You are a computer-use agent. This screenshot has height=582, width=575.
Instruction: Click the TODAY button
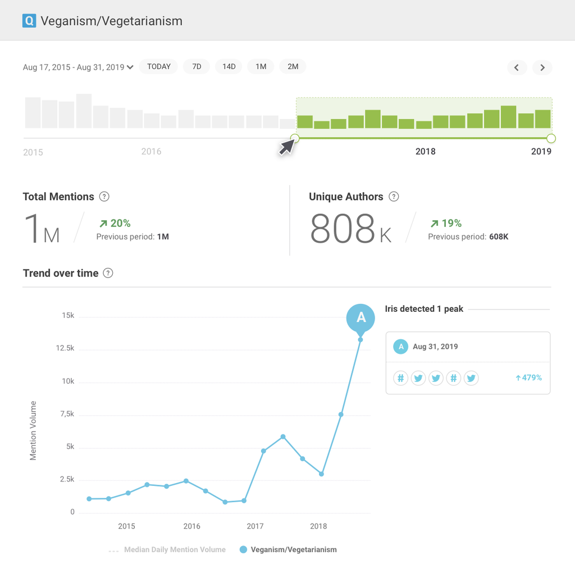coord(159,67)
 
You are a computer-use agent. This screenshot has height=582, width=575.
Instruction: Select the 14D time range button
coord(229,67)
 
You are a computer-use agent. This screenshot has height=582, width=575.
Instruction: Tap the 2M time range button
coord(293,67)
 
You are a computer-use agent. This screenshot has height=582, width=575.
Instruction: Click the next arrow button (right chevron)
coord(542,68)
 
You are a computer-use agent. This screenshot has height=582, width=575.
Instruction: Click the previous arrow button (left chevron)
coord(517,68)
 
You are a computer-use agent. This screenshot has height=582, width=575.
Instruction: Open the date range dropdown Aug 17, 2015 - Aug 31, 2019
coord(78,67)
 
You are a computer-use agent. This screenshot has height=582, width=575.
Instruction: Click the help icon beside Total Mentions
coord(104,197)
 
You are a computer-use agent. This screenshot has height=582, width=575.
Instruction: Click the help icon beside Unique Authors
coord(394,197)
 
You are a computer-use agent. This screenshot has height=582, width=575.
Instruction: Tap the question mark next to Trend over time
coord(108,273)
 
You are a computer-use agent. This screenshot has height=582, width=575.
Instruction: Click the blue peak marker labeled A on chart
coord(360,318)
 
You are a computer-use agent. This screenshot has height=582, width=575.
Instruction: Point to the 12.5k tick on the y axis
coord(65,348)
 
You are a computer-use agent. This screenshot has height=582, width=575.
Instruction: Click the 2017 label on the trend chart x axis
coord(255,526)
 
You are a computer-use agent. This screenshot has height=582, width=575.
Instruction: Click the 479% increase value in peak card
coord(528,378)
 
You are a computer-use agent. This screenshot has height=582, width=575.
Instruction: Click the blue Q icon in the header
coord(29,21)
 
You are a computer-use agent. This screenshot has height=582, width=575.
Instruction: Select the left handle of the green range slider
coord(295,138)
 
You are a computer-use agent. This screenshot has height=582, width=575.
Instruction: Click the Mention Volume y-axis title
coord(33,430)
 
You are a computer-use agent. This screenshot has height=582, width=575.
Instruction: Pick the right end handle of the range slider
coord(551,138)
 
